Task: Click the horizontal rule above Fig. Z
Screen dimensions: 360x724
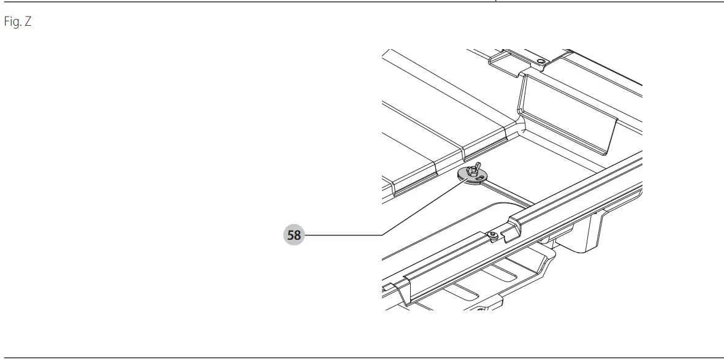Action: click(362, 2)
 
